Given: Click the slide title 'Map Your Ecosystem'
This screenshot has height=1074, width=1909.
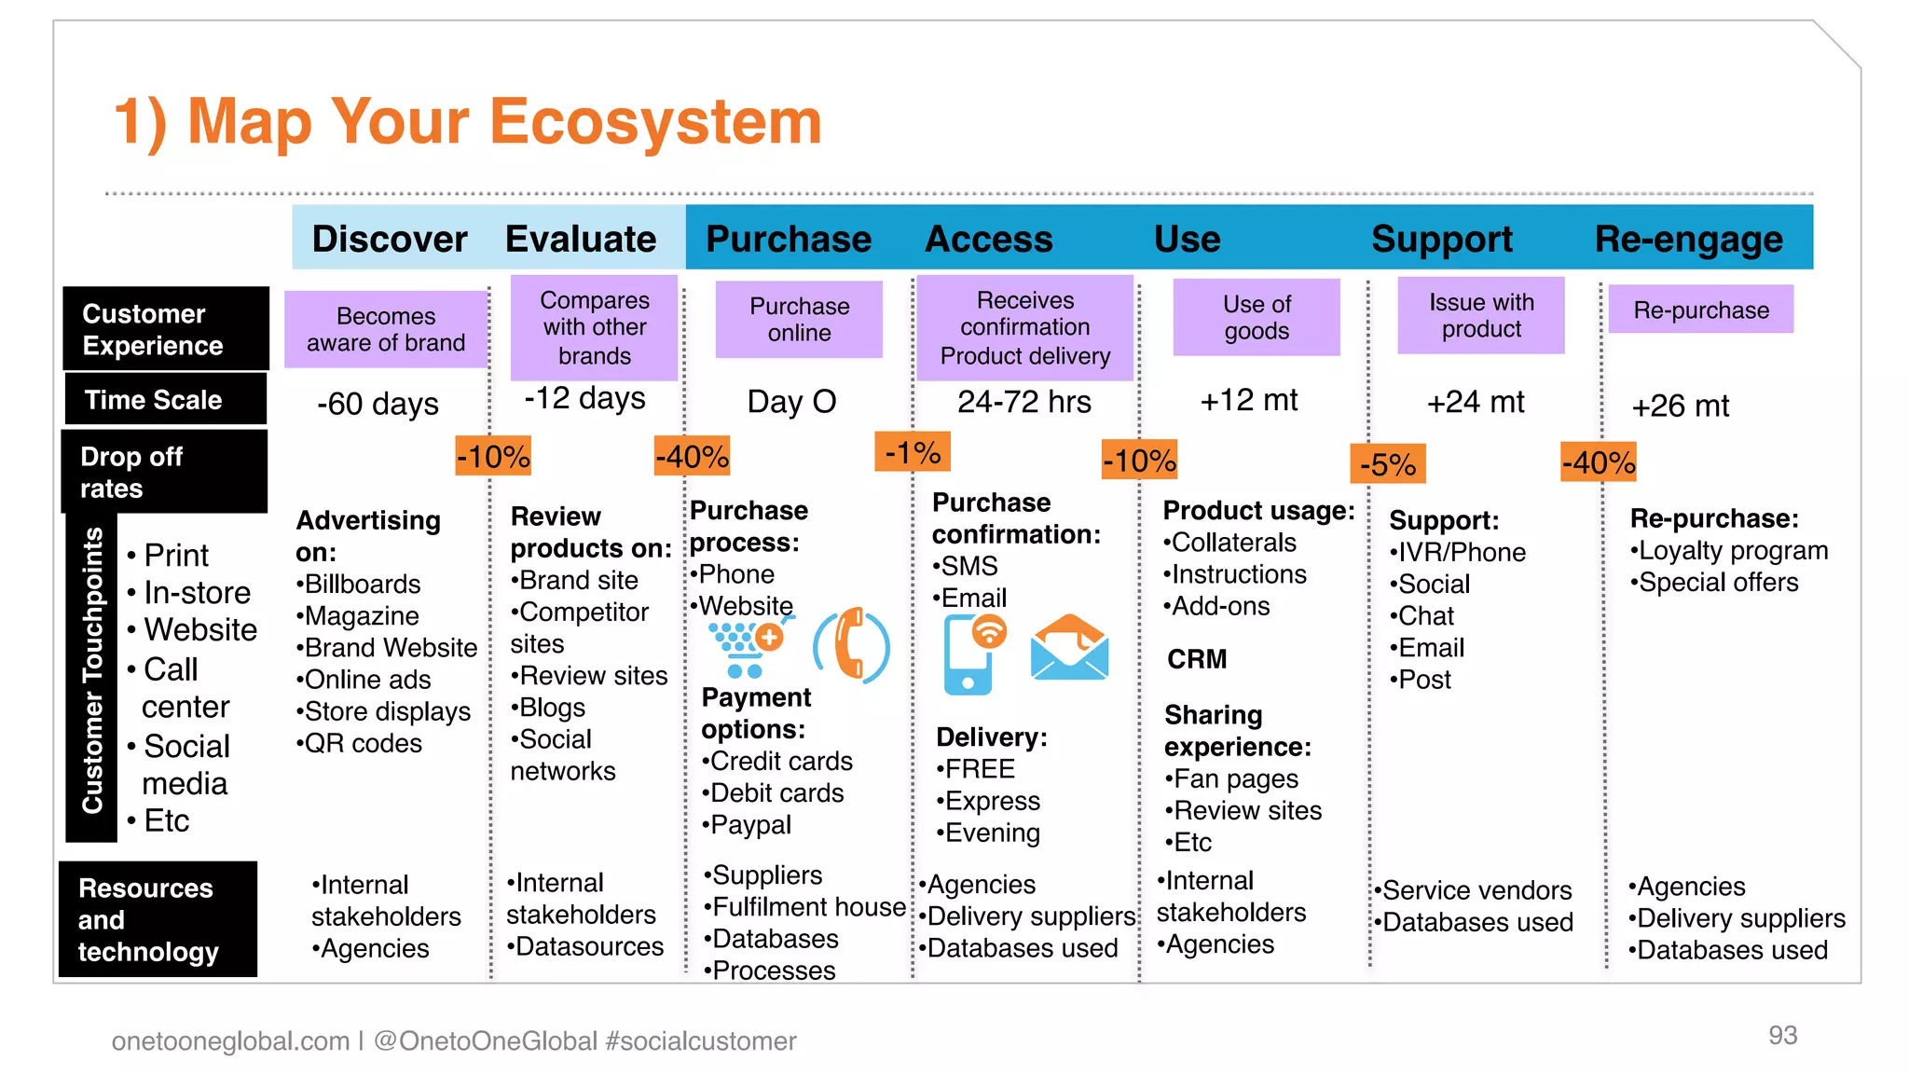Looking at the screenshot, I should coord(467,122).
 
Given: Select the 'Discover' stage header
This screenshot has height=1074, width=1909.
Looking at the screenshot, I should coord(389,240).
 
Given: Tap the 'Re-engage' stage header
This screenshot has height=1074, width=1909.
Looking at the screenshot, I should coord(1688,240).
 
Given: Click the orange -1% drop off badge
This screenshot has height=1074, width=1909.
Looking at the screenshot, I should coord(912,452).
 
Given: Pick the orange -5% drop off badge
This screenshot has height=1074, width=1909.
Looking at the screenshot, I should coord(1387,463).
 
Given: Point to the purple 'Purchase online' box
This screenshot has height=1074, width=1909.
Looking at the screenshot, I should coord(799,320).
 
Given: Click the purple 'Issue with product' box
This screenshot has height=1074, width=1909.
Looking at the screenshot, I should coord(1480,316).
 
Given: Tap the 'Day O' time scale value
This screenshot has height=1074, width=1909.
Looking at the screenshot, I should coord(791,402).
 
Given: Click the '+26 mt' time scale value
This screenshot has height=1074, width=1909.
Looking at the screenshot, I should coord(1680,406).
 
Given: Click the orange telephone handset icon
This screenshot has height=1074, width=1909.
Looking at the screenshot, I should coord(852,645).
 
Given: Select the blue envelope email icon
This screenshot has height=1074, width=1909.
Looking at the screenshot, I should coord(1069,647).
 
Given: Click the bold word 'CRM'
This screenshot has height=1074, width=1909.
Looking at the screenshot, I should coord(1197,659).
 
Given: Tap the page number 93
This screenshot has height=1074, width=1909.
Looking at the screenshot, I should coord(1782,1035).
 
